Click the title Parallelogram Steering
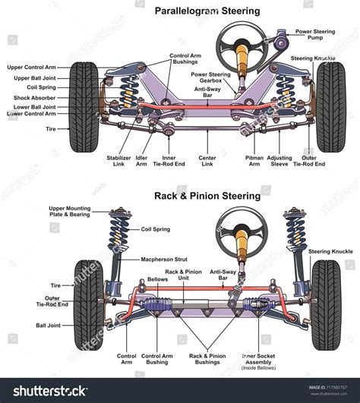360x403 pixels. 208,11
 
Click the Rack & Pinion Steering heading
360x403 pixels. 208,196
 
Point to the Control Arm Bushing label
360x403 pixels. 157,360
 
